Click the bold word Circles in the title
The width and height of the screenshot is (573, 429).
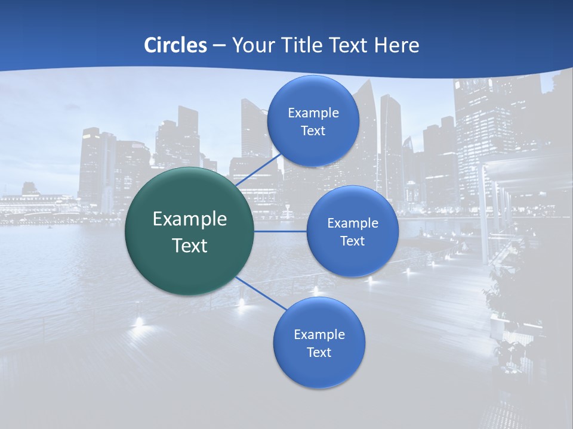pos(175,45)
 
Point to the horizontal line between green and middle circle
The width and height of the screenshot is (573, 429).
pos(281,231)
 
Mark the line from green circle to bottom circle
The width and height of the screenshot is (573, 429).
pos(261,293)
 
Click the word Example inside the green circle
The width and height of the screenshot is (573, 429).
pos(190,219)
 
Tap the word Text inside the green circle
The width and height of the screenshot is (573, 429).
pos(190,245)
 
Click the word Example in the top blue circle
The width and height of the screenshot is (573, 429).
pos(313,113)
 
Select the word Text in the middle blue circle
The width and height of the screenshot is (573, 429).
pos(352,241)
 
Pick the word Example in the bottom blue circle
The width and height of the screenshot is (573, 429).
pos(319,334)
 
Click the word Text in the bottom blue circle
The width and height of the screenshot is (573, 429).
pos(319,352)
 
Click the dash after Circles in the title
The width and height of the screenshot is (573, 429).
pos(218,46)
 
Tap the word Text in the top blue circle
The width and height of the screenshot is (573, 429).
pos(313,130)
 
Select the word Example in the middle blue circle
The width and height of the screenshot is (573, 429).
pos(353,223)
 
